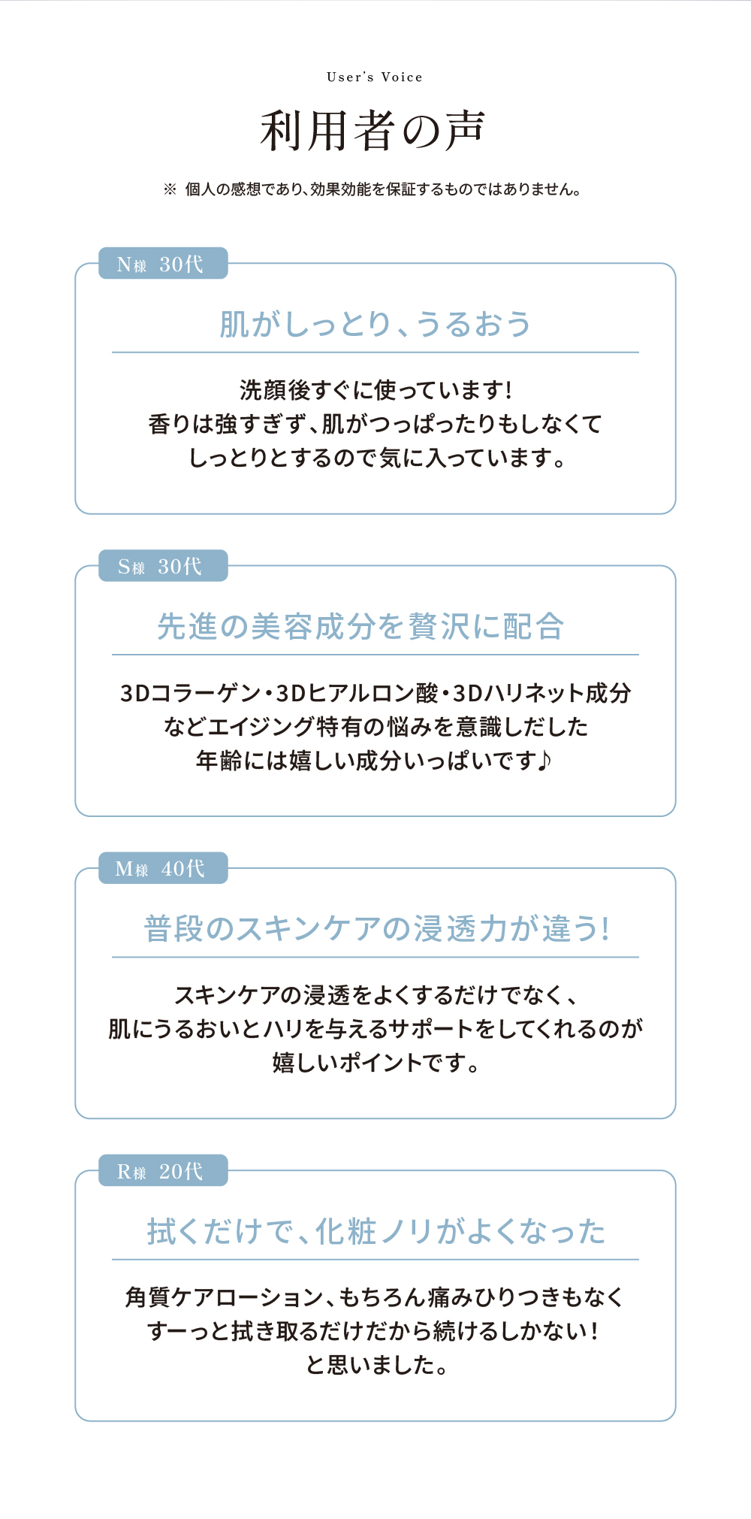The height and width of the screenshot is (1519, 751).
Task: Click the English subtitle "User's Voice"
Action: (x=375, y=77)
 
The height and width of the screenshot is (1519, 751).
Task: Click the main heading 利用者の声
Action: (x=373, y=131)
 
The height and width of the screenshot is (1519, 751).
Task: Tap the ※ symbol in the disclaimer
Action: (x=170, y=189)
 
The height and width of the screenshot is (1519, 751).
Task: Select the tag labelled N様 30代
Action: (x=163, y=263)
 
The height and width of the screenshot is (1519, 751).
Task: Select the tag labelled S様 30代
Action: (x=163, y=566)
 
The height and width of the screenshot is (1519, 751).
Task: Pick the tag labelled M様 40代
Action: (x=163, y=868)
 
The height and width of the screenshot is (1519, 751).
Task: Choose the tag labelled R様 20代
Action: (x=163, y=1170)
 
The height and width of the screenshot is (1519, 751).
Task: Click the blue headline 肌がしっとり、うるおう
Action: (x=375, y=324)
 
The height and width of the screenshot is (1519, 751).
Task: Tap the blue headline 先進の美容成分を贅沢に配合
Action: (x=360, y=626)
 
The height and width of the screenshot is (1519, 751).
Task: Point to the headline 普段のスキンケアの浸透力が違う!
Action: (x=376, y=928)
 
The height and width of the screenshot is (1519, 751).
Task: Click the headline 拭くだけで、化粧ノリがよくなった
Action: (x=376, y=1231)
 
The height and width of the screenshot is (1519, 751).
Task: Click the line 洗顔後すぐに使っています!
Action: (x=375, y=390)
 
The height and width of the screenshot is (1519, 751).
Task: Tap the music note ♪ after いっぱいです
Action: (x=545, y=760)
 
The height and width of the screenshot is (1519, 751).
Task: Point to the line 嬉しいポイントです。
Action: (x=375, y=1063)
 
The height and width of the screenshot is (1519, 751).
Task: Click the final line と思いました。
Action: (x=376, y=1365)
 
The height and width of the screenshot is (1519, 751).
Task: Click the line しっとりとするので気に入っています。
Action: (x=376, y=458)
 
